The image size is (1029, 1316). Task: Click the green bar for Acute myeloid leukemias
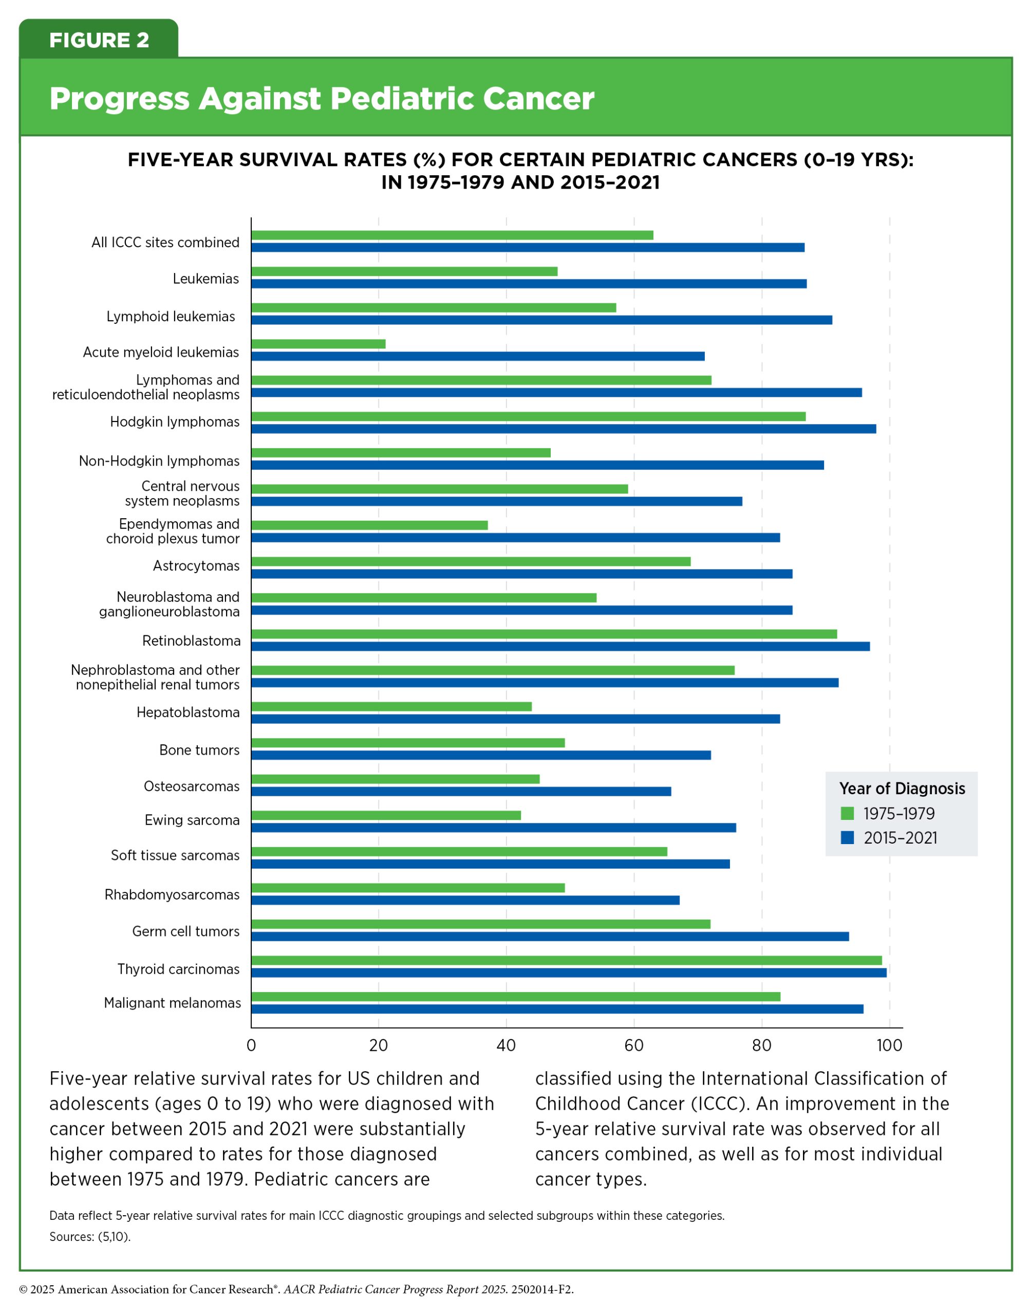coord(318,344)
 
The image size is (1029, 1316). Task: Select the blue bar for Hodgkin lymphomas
coord(563,429)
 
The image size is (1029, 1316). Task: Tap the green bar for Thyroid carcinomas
coord(566,960)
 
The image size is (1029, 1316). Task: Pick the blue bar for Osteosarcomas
coord(461,792)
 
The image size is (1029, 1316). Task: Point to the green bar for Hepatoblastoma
coord(391,706)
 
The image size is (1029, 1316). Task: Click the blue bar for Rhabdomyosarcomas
coord(465,900)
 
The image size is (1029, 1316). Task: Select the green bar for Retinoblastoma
coord(544,634)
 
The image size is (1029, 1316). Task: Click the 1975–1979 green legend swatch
coord(848,813)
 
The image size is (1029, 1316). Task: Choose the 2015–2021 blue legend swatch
coord(848,837)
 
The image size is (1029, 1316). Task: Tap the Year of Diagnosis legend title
coord(902,789)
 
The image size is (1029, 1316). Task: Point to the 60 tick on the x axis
coord(634,1045)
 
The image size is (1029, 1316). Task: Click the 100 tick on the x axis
coord(889,1045)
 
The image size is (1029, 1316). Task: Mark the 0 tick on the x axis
coord(251,1045)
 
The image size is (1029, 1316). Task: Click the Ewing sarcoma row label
coord(192,820)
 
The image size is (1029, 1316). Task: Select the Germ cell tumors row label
coord(185,931)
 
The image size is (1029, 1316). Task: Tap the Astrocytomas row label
coord(196,565)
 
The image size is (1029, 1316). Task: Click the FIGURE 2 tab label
coord(99,41)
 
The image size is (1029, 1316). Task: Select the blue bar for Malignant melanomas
coord(557,1009)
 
